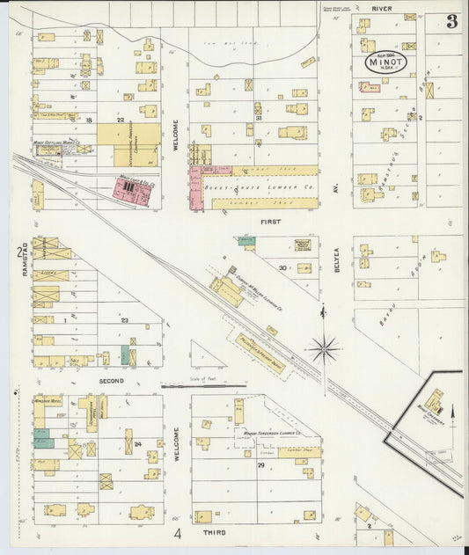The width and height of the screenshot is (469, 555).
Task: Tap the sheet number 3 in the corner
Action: pos(451,22)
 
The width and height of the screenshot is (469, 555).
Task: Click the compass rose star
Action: pos(324,350)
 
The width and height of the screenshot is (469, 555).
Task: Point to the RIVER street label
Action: pos(381,8)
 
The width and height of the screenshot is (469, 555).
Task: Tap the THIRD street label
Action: pos(214,532)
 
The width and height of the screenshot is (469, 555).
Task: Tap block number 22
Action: pos(121,119)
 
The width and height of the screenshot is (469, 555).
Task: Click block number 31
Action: pos(258,116)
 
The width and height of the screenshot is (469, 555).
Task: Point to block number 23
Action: pos(125,320)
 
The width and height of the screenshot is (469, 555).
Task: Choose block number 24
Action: pos(139,445)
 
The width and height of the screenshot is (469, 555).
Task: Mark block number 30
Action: pos(282,267)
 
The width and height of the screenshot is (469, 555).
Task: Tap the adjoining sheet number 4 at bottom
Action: pos(177,533)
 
